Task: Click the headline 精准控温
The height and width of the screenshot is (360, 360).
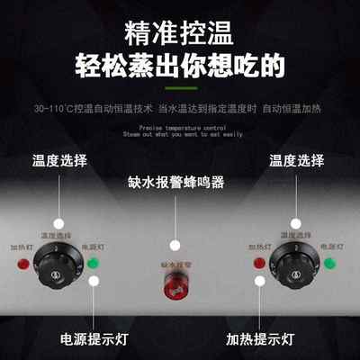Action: click(x=180, y=35)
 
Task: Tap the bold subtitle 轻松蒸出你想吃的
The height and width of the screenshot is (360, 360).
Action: click(x=180, y=67)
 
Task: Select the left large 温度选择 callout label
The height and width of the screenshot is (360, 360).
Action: click(x=59, y=161)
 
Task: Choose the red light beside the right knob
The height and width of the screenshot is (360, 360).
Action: click(x=259, y=264)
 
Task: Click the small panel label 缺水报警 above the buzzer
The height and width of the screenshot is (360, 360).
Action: click(x=178, y=266)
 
